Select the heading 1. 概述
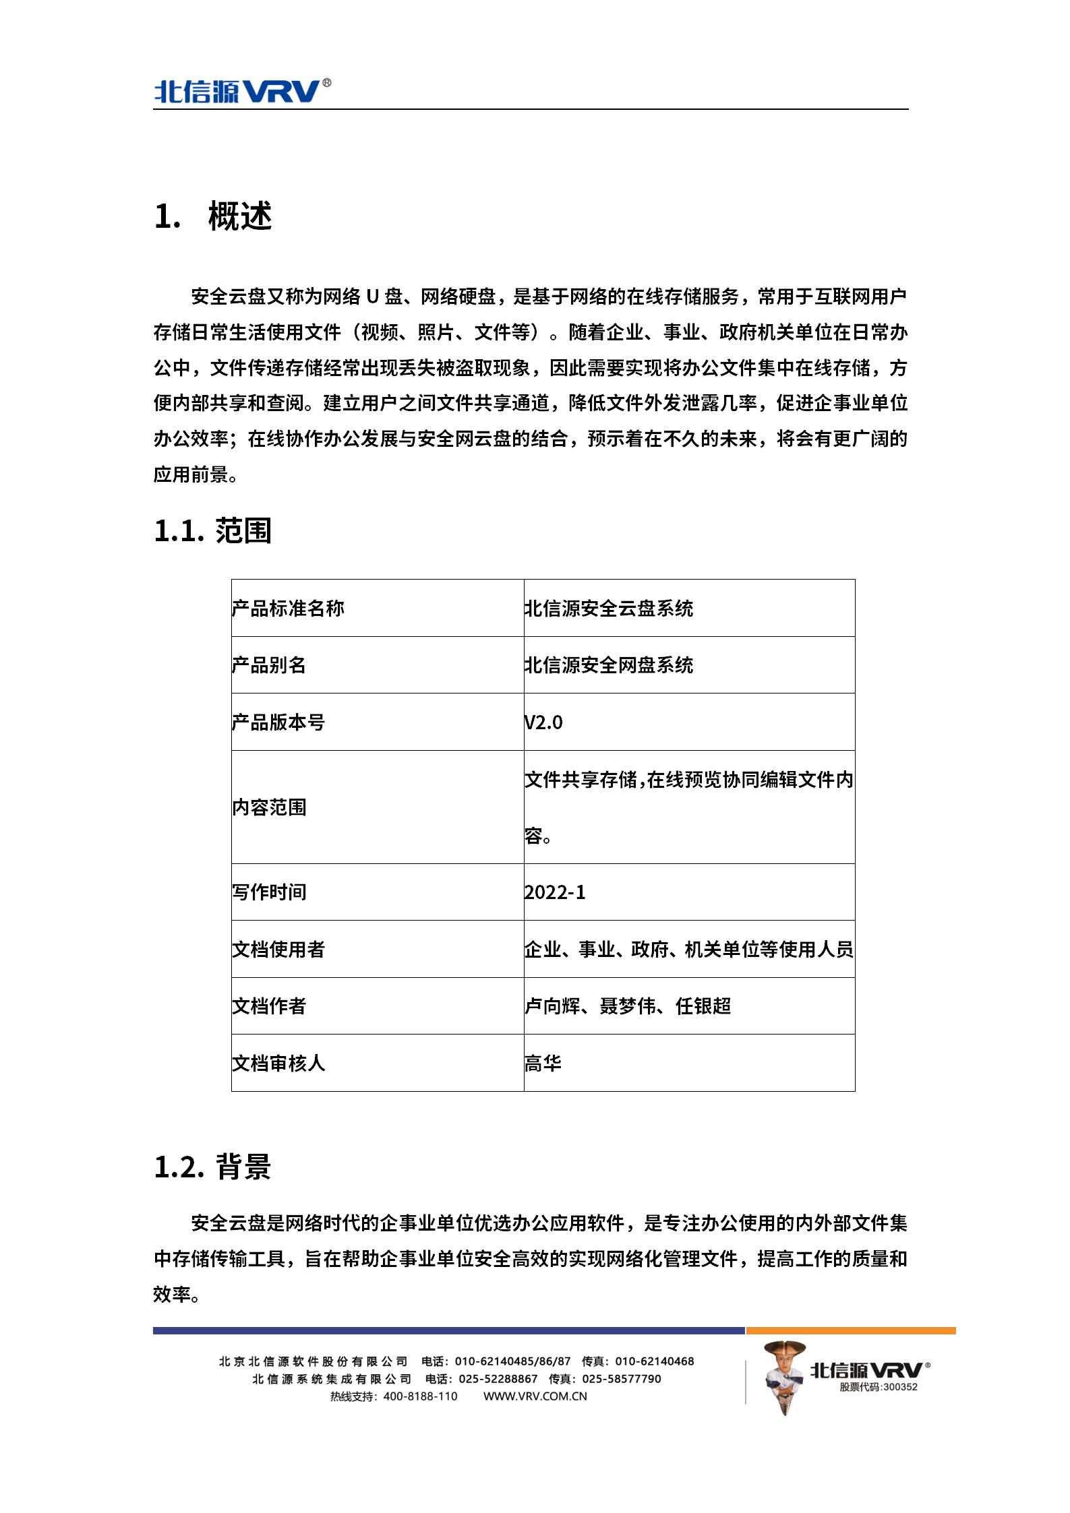tap(213, 216)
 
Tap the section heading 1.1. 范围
tap(212, 531)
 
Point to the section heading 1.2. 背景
tap(212, 1167)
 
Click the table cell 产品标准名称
tap(288, 609)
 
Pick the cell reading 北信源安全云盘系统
tap(609, 609)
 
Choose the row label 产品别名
tap(269, 665)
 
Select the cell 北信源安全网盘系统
tap(609, 665)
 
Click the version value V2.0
tap(543, 722)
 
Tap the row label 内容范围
tap(269, 807)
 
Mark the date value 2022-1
tap(555, 892)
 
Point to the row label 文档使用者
tap(278, 950)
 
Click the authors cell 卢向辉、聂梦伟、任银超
tap(628, 1006)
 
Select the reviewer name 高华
tap(543, 1063)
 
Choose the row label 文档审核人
tap(278, 1063)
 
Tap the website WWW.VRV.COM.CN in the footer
tap(535, 1396)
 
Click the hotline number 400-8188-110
tap(420, 1396)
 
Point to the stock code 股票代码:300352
tap(879, 1387)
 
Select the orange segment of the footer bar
tap(850, 1331)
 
